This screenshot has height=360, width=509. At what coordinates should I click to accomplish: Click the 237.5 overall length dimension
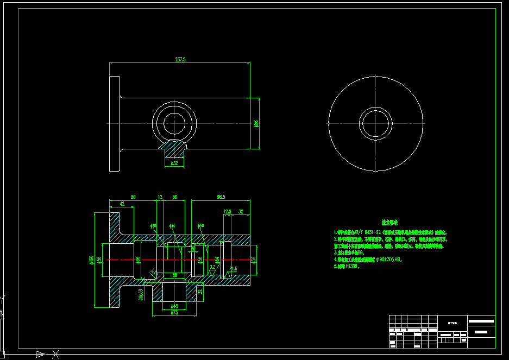coord(180,59)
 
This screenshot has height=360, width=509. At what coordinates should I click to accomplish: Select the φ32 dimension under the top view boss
coord(174,163)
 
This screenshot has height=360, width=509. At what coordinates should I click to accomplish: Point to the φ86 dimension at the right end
coord(256,123)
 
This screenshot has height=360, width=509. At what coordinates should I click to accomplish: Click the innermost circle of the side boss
coord(174,123)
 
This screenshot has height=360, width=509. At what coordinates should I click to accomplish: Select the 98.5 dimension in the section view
coord(221,197)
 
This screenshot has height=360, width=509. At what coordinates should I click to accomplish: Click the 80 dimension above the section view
coord(133,197)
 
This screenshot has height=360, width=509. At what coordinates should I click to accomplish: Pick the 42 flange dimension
coord(122,204)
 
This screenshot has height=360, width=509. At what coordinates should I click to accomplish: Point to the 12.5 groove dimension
coord(227,211)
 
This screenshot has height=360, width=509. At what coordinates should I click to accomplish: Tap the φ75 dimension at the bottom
coord(174,313)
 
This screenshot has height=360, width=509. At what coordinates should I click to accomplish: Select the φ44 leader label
coord(172,225)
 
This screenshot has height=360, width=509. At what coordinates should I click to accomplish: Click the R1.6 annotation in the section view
coord(234,269)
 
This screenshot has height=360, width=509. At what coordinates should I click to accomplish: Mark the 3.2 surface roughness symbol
coord(213,267)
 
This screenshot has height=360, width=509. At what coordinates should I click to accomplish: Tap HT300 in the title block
coord(452,323)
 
